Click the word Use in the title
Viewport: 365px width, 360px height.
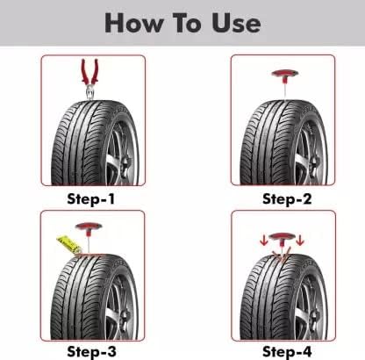[236, 23]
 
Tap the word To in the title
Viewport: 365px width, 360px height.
[186, 23]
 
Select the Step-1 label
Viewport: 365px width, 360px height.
[91, 199]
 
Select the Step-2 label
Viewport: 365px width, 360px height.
[287, 199]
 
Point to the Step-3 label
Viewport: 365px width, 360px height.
[91, 351]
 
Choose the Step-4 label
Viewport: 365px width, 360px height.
[287, 351]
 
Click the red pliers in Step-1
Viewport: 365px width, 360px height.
[89, 73]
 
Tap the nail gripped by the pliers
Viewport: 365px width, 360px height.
[89, 94]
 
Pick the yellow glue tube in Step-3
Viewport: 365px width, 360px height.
[69, 245]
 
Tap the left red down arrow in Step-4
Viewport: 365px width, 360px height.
[264, 241]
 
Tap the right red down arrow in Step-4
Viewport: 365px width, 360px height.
[300, 241]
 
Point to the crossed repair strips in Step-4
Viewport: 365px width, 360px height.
[282, 255]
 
